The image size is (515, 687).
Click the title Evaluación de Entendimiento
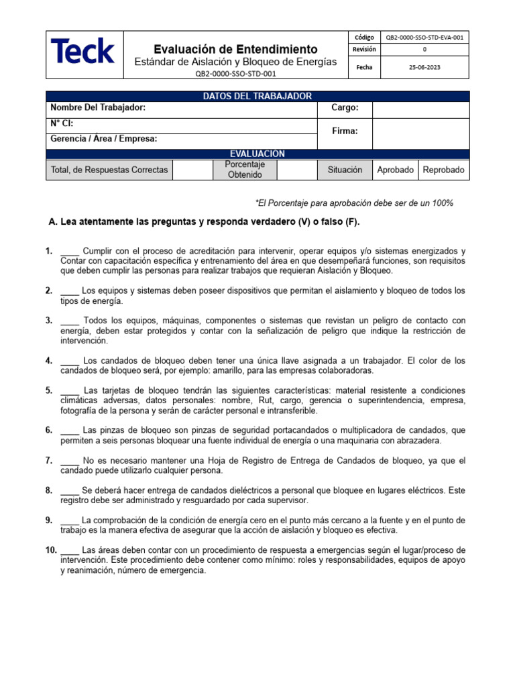click(235, 49)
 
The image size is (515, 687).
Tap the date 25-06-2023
click(424, 67)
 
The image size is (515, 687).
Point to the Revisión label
click(364, 50)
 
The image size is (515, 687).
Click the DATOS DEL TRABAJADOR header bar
click(257, 96)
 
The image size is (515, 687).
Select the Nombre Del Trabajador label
click(98, 108)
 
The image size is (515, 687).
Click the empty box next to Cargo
click(420, 109)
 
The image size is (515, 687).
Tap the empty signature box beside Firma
click(420, 132)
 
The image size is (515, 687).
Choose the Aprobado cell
click(395, 170)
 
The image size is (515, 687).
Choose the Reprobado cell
click(443, 170)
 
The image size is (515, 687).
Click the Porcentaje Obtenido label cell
click(245, 170)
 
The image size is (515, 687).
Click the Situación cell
click(345, 170)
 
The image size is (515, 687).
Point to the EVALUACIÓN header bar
click(257, 154)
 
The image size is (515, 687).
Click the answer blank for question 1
click(70, 252)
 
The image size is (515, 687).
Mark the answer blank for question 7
click(70, 461)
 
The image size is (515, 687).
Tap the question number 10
click(51, 550)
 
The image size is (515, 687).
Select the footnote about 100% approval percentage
click(354, 203)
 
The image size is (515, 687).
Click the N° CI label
click(62, 123)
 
